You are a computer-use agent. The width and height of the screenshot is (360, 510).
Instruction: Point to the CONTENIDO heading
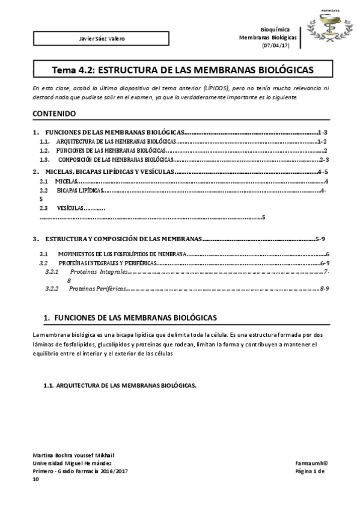point(54,113)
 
